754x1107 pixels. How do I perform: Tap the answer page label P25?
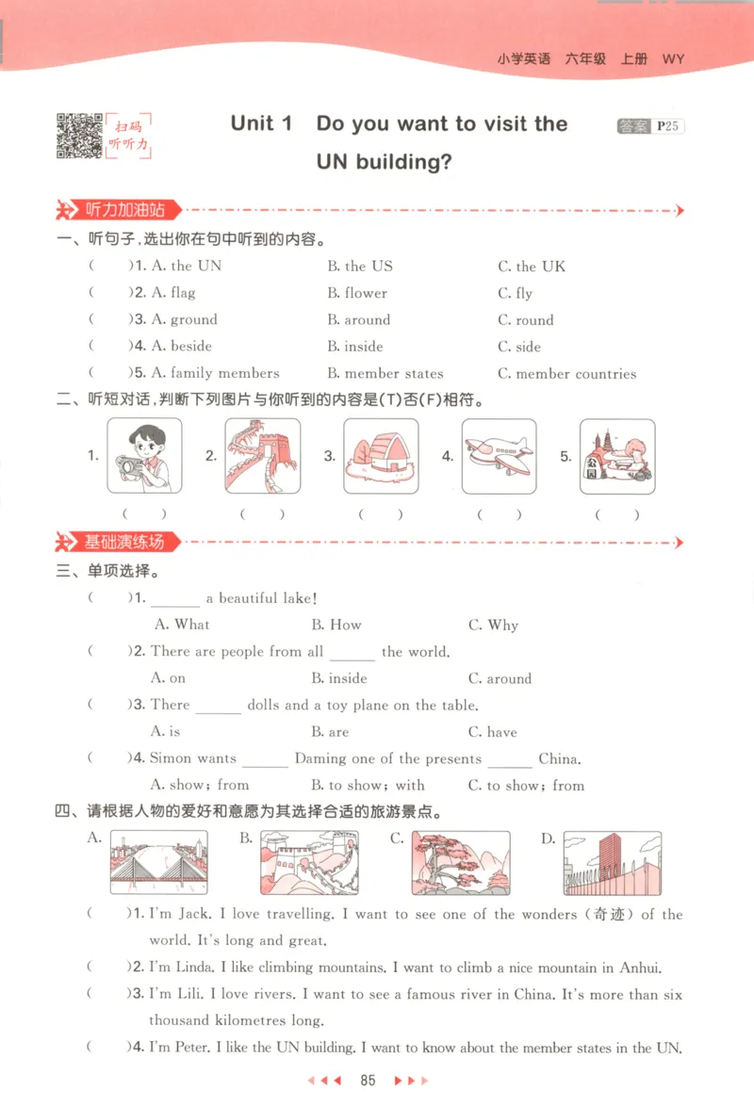coord(668,126)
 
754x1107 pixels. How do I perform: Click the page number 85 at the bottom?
coord(369,1080)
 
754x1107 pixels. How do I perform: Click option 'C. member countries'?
coord(566,374)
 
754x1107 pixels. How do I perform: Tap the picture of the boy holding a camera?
coord(144,456)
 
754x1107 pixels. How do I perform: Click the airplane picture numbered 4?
coord(499,456)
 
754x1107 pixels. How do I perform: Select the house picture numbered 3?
coord(381,456)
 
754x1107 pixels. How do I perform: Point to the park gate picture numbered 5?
coord(617,456)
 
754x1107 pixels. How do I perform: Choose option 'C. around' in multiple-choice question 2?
coord(500,678)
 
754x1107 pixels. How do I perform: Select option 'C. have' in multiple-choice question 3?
coord(492,732)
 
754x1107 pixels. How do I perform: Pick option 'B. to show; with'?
coord(368,785)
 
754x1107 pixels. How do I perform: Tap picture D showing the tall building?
coord(613,862)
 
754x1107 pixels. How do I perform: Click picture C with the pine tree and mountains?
coord(461,862)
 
